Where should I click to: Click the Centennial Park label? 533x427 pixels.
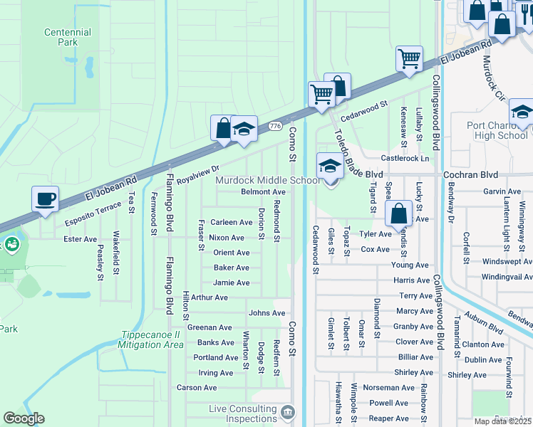pyautogui.click(x=68, y=38)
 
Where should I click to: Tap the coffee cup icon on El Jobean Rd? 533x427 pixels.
pyautogui.click(x=46, y=199)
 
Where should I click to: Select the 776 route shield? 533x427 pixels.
pyautogui.click(x=275, y=126)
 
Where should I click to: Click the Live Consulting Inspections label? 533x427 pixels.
pyautogui.click(x=242, y=413)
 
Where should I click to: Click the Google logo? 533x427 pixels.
pyautogui.click(x=24, y=418)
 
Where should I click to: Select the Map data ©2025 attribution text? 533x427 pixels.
pyautogui.click(x=502, y=421)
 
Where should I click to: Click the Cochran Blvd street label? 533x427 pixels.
pyautogui.click(x=472, y=174)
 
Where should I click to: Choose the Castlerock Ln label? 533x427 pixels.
pyautogui.click(x=405, y=159)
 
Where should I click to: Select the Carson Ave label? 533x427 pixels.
pyautogui.click(x=197, y=388)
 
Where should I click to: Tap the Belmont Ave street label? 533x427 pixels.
pyautogui.click(x=263, y=192)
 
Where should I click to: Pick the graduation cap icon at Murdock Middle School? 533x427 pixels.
pyautogui.click(x=329, y=167)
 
